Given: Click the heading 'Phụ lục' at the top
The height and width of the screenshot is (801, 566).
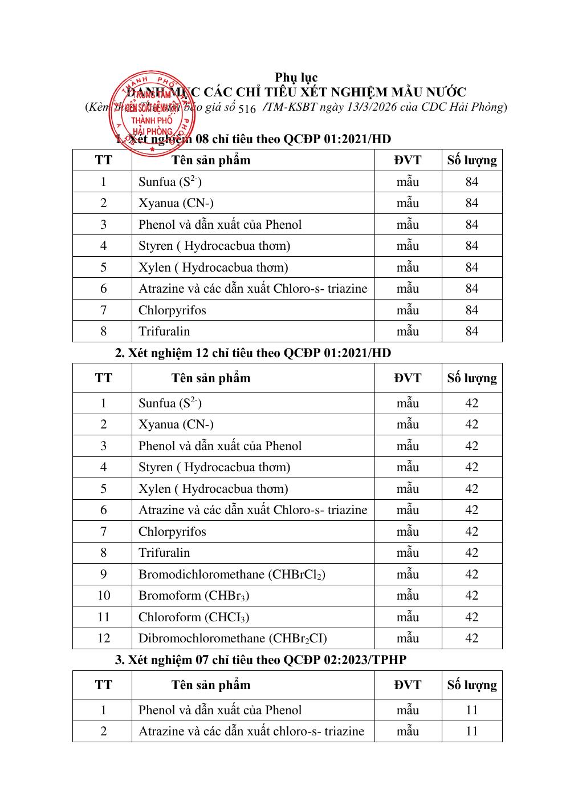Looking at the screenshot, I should click(296, 77).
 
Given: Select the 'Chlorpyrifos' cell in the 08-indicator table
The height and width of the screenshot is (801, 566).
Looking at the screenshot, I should click(172, 310).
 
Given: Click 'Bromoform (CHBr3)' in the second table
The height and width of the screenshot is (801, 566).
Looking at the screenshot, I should click(194, 596).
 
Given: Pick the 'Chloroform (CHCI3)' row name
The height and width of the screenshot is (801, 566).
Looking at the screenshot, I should click(194, 617).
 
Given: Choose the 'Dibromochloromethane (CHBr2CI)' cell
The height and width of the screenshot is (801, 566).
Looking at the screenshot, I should click(233, 638).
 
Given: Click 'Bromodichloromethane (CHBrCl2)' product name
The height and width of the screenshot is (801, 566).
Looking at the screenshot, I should click(232, 575).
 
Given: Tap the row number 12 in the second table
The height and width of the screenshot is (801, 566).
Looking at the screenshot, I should click(103, 638).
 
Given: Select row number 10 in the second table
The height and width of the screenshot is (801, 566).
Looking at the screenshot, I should click(103, 596).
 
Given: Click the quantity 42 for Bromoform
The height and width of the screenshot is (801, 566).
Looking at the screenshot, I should click(471, 596).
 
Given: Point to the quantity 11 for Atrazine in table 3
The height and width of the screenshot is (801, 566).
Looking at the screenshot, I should click(471, 731).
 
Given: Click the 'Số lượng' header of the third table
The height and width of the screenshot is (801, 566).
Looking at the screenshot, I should click(471, 685).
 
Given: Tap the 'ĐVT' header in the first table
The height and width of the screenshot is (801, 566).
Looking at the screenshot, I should click(408, 160).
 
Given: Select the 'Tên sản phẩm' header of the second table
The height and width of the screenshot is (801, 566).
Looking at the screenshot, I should click(210, 378).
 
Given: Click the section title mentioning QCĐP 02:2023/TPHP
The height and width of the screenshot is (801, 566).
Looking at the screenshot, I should click(260, 660).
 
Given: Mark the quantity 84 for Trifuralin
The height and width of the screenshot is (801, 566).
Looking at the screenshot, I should click(471, 331).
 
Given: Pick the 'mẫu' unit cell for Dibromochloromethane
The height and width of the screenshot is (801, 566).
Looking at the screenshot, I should click(408, 638).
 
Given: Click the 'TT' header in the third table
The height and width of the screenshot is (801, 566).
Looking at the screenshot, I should click(103, 685).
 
